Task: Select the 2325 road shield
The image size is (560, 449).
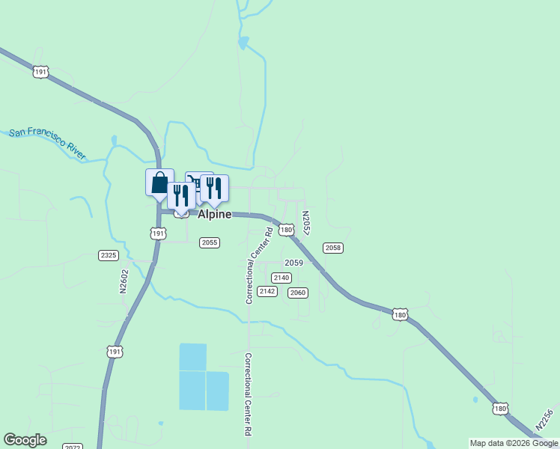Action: click(x=109, y=255)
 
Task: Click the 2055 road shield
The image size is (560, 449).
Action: click(x=209, y=242)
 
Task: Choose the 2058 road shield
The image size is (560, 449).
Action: click(x=333, y=248)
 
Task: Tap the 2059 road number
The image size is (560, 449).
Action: click(x=293, y=263)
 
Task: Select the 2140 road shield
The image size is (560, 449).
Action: click(x=281, y=278)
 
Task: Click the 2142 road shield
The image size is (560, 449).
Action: click(x=267, y=290)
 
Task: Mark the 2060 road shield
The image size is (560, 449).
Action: click(x=298, y=293)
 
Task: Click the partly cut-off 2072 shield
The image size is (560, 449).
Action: click(x=73, y=446)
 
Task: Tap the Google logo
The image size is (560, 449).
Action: click(x=25, y=440)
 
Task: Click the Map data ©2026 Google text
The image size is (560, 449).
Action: click(x=514, y=443)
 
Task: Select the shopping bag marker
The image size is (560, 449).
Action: click(x=159, y=182)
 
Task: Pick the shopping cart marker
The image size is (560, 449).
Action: click(x=194, y=181)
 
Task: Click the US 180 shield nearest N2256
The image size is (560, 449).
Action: click(x=501, y=409)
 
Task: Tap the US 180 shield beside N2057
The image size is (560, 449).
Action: click(x=286, y=230)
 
